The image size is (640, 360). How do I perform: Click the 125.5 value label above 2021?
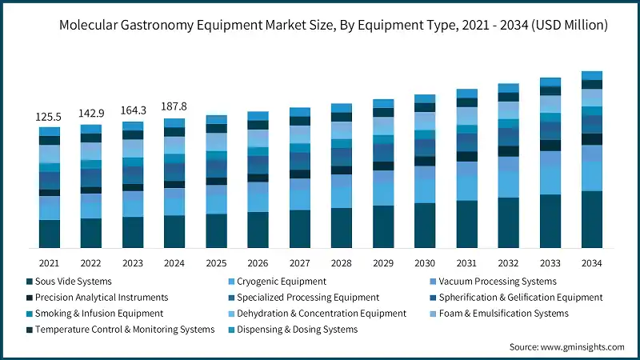point(49,117)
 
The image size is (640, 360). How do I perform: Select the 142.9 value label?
point(90,114)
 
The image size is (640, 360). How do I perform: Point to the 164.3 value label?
point(132,111)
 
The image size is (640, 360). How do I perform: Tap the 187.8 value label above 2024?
point(174,106)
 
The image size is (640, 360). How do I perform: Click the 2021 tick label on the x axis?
point(49,262)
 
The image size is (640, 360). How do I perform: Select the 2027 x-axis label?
point(299,262)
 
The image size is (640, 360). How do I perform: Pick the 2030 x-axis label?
point(425,262)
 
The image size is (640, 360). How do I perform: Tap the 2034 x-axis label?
point(591,262)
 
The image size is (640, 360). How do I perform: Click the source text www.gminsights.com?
point(566,346)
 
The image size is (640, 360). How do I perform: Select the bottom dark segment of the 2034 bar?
point(591,219)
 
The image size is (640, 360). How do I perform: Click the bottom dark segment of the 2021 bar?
point(49,234)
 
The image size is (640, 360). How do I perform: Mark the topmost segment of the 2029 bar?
point(383,103)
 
